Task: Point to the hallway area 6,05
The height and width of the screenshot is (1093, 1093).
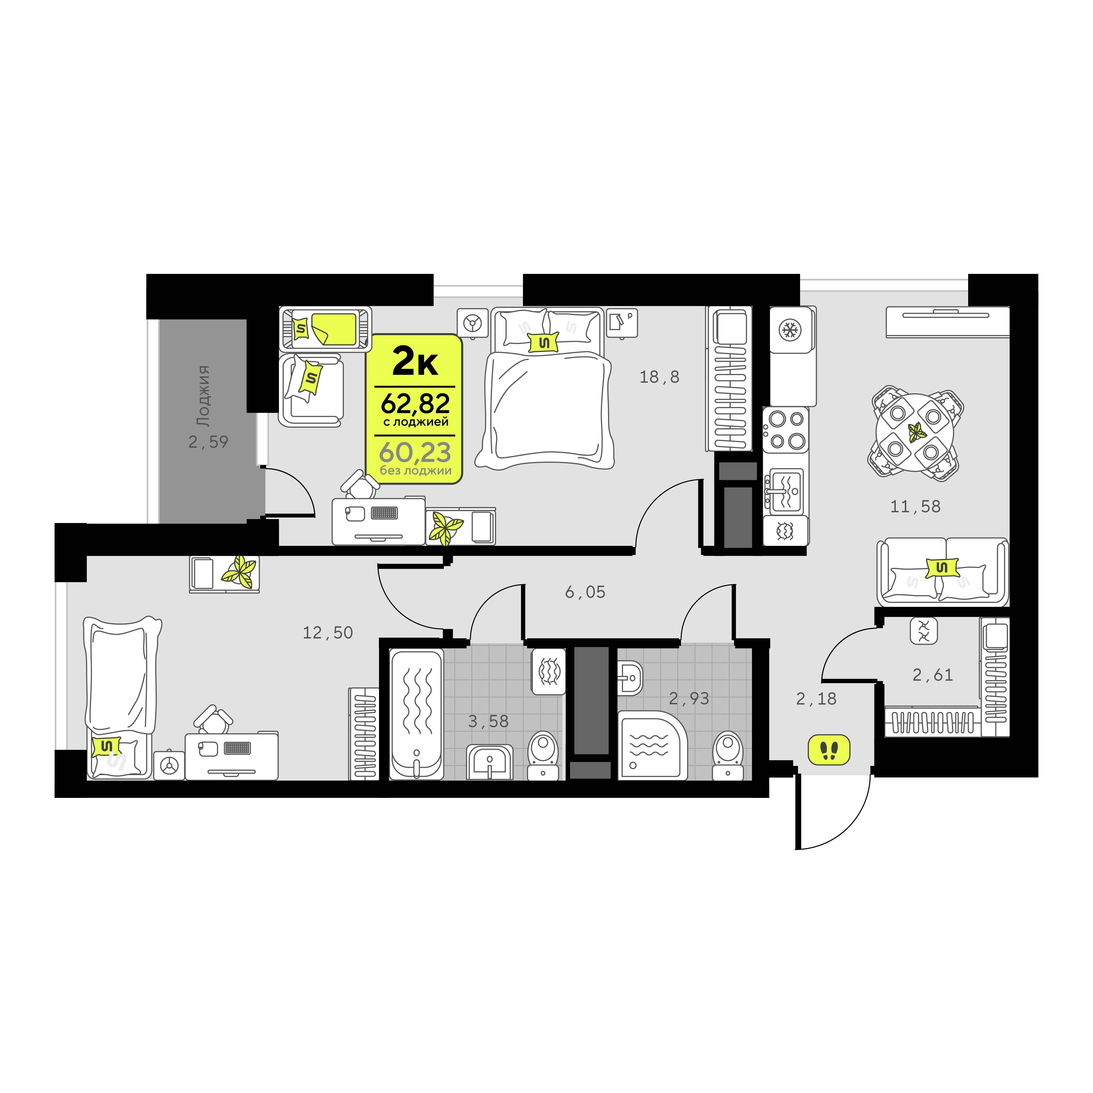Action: click(x=585, y=592)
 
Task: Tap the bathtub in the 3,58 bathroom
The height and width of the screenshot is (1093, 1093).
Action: click(x=416, y=715)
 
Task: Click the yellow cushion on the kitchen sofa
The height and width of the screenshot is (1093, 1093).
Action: click(x=942, y=567)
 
